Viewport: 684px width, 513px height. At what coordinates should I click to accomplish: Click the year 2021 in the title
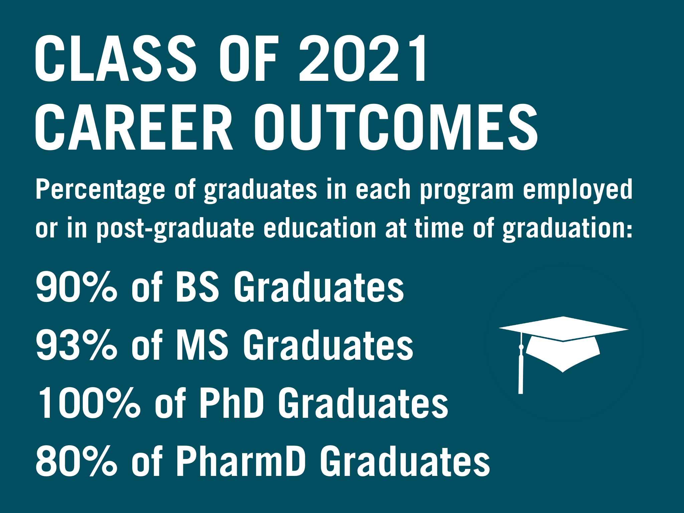click(x=362, y=58)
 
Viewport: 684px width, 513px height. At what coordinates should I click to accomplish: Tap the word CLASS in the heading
click(x=115, y=58)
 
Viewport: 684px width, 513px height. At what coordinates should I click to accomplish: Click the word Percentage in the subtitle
click(x=100, y=190)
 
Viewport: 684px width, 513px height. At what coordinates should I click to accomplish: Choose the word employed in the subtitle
click(x=577, y=190)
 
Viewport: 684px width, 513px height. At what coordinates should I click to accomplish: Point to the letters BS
click(x=197, y=287)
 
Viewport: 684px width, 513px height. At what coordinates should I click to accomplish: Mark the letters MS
click(x=202, y=345)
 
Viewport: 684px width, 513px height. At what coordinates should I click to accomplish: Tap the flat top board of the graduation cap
click(x=563, y=329)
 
